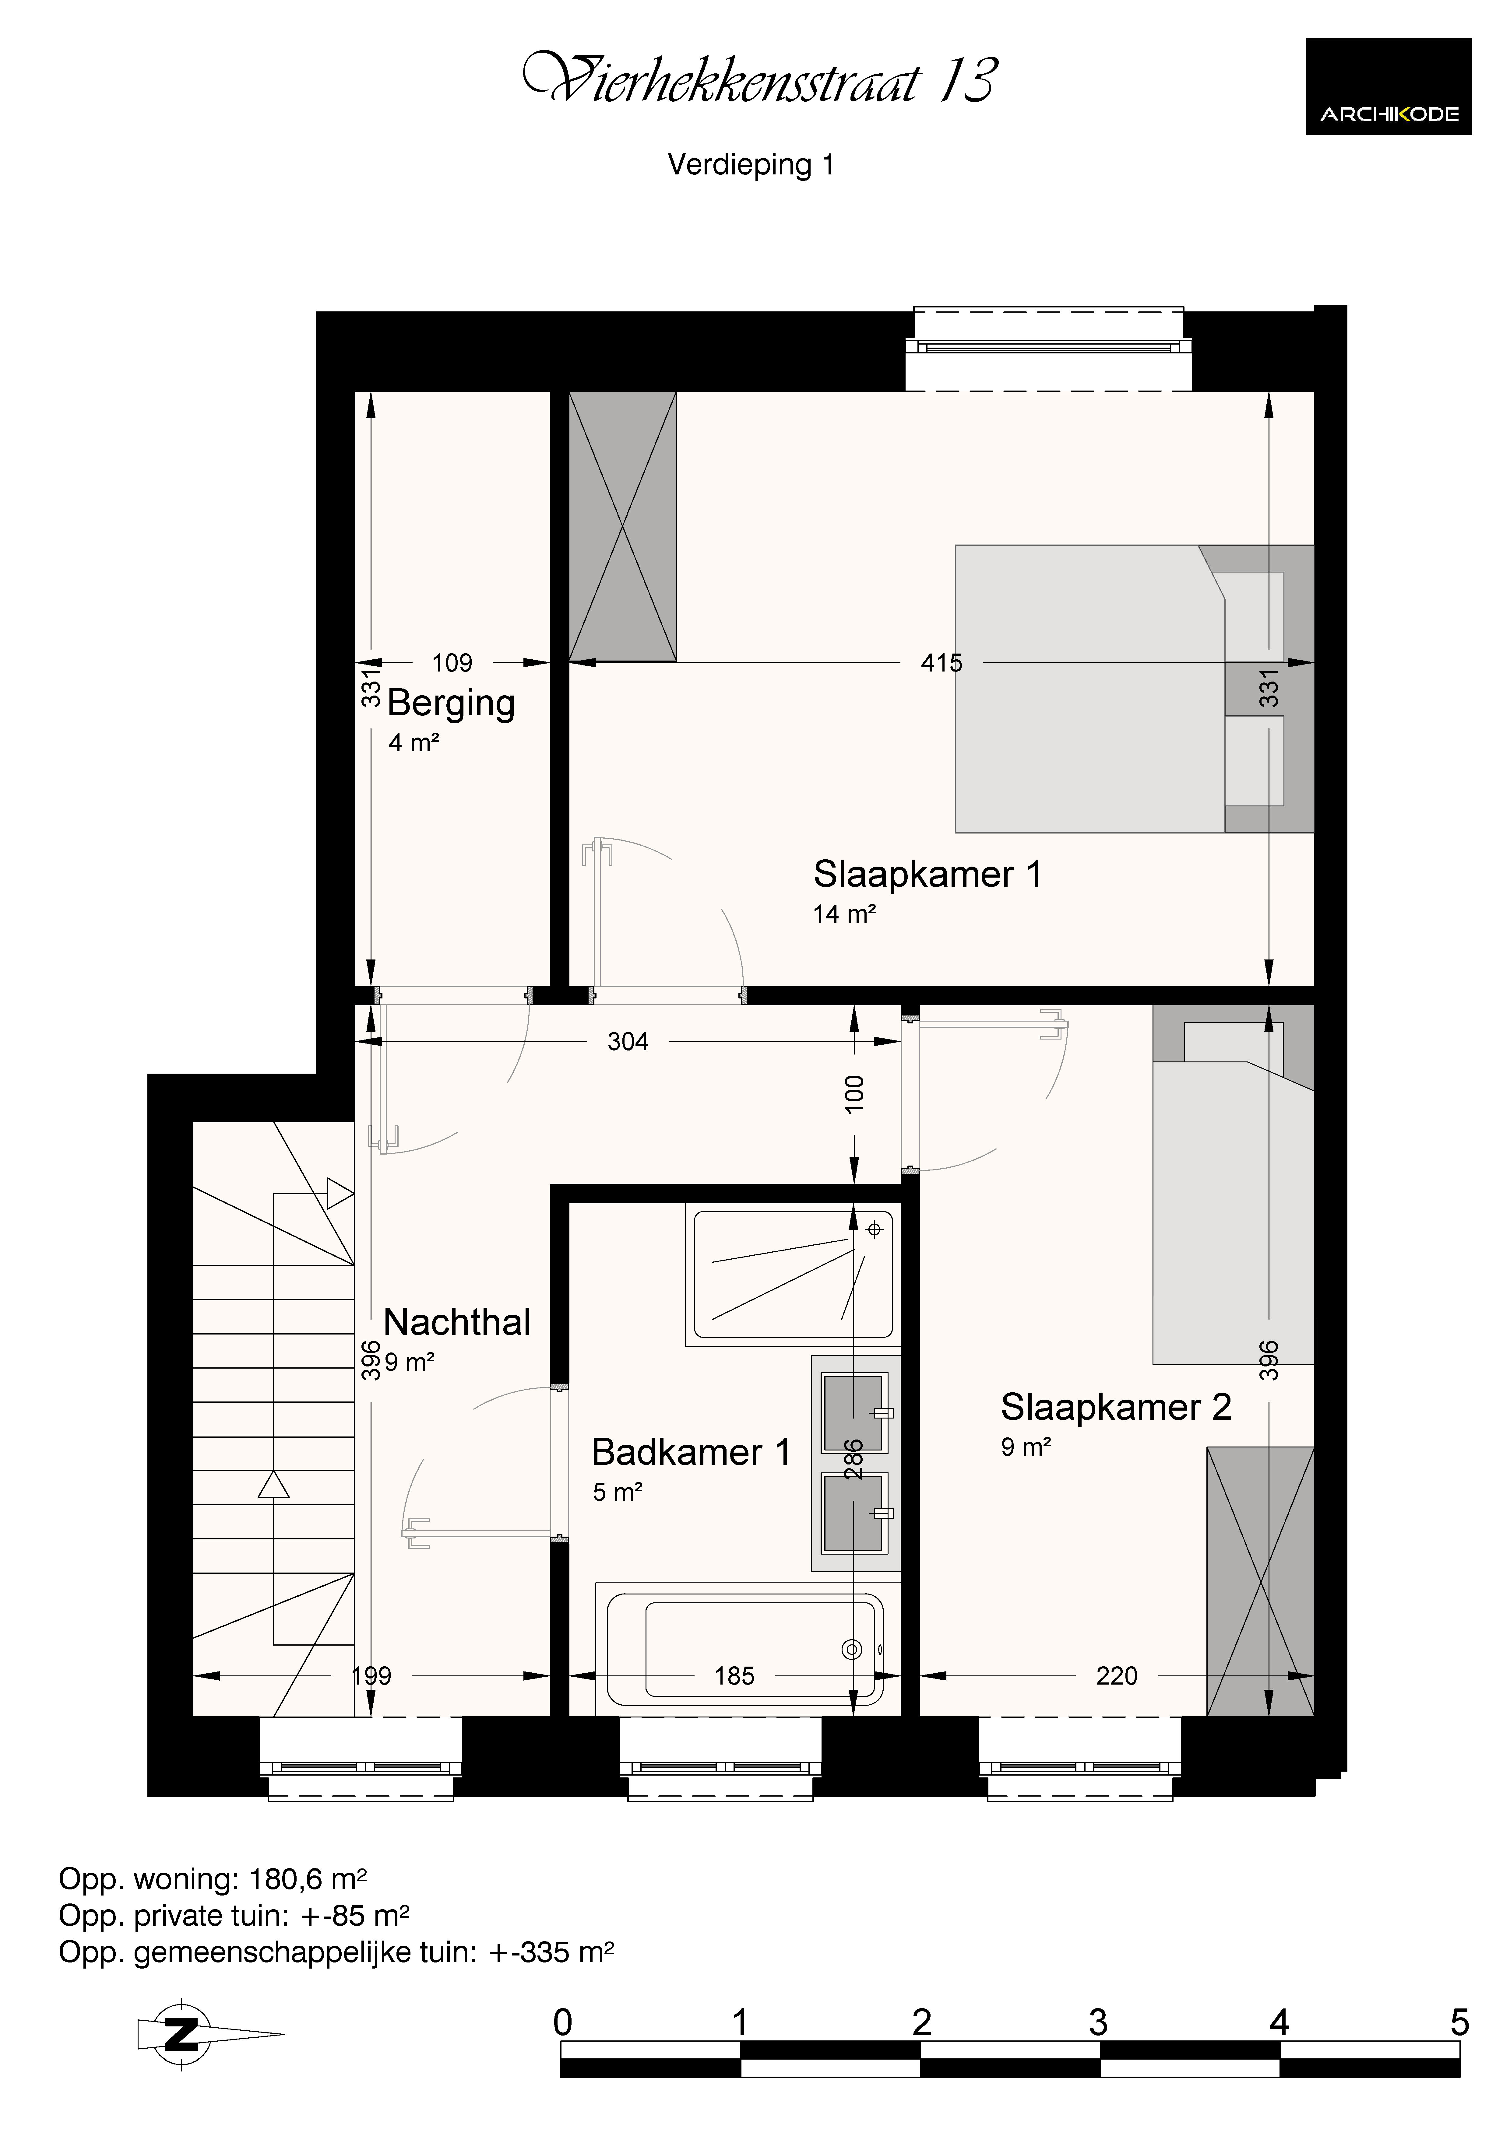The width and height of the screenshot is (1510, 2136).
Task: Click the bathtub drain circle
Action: point(851,1650)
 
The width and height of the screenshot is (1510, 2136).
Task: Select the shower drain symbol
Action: point(874,1230)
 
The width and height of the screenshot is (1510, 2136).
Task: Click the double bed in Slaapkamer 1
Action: point(1134,689)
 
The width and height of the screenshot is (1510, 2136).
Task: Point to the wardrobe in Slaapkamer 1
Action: point(622,527)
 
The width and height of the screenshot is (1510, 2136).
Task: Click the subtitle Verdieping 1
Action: point(751,165)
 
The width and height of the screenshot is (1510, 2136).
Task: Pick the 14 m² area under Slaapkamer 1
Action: point(845,914)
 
